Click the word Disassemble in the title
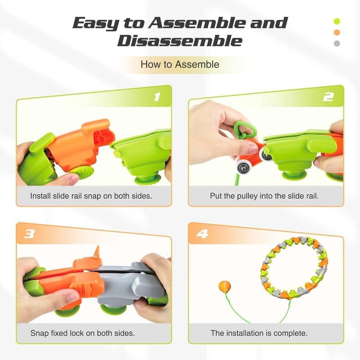click(180, 41)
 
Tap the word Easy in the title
click(95, 24)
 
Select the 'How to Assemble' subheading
click(180, 64)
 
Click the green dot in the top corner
click(337, 21)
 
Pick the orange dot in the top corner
click(337, 32)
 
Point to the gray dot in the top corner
click(337, 43)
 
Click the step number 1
click(157, 97)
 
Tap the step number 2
click(328, 97)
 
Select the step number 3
click(29, 234)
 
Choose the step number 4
click(202, 234)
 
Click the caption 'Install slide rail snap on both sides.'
click(91, 196)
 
